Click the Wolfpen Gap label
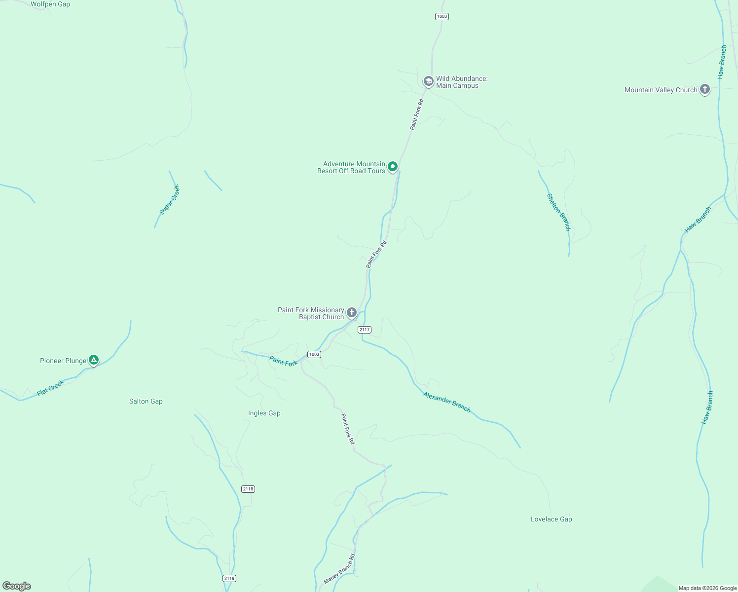[50, 4]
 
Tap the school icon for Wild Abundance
[428, 81]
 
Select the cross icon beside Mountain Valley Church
[705, 89]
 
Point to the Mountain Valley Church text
[661, 90]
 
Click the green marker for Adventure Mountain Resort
[392, 167]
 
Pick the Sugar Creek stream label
[170, 200]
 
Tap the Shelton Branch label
[558, 212]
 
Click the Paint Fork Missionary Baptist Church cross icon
[351, 312]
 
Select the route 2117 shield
[365, 330]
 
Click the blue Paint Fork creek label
[284, 362]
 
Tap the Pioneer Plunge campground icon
[93, 360]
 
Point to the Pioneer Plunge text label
[63, 361]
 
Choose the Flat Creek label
[51, 388]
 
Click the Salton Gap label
[146, 401]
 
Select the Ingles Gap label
[264, 413]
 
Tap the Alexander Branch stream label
[446, 402]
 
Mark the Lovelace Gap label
[552, 519]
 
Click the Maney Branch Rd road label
[339, 569]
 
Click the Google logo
[17, 586]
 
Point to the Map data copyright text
[707, 588]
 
